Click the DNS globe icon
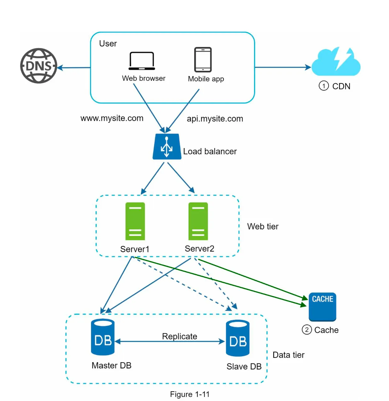click(39, 66)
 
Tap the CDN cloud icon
click(336, 62)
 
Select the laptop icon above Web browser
click(142, 61)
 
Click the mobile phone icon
click(203, 60)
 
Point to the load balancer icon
click(167, 146)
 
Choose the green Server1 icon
click(135, 221)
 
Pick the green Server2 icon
click(198, 221)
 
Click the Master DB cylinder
click(103, 337)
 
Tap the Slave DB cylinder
click(238, 338)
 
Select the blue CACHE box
click(322, 307)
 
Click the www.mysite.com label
click(112, 118)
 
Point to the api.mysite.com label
click(215, 119)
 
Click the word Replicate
click(180, 336)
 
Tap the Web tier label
click(263, 226)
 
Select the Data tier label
click(288, 355)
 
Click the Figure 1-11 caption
click(190, 394)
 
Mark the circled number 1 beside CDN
click(324, 86)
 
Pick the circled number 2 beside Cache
click(307, 330)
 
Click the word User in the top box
click(108, 43)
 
